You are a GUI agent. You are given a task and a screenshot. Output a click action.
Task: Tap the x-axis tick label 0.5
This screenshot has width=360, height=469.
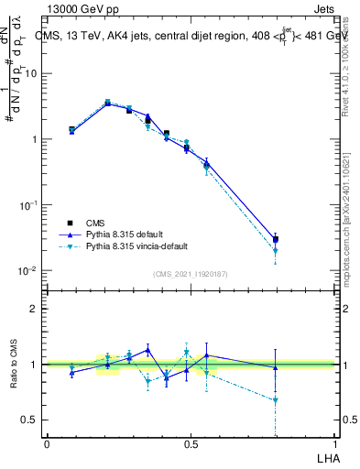191,443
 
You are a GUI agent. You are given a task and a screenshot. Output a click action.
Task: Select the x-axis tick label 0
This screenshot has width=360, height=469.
47,443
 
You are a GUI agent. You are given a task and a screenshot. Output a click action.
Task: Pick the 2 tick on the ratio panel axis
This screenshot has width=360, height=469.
35,309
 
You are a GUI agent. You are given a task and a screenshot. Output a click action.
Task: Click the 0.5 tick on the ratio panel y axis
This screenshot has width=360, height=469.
30,420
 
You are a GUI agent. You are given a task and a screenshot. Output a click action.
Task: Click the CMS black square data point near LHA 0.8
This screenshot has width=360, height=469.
276,240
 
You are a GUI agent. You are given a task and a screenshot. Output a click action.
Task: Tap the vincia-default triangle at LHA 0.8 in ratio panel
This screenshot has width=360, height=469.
276,400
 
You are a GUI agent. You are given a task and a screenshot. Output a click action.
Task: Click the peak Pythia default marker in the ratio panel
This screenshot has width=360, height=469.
147,350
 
